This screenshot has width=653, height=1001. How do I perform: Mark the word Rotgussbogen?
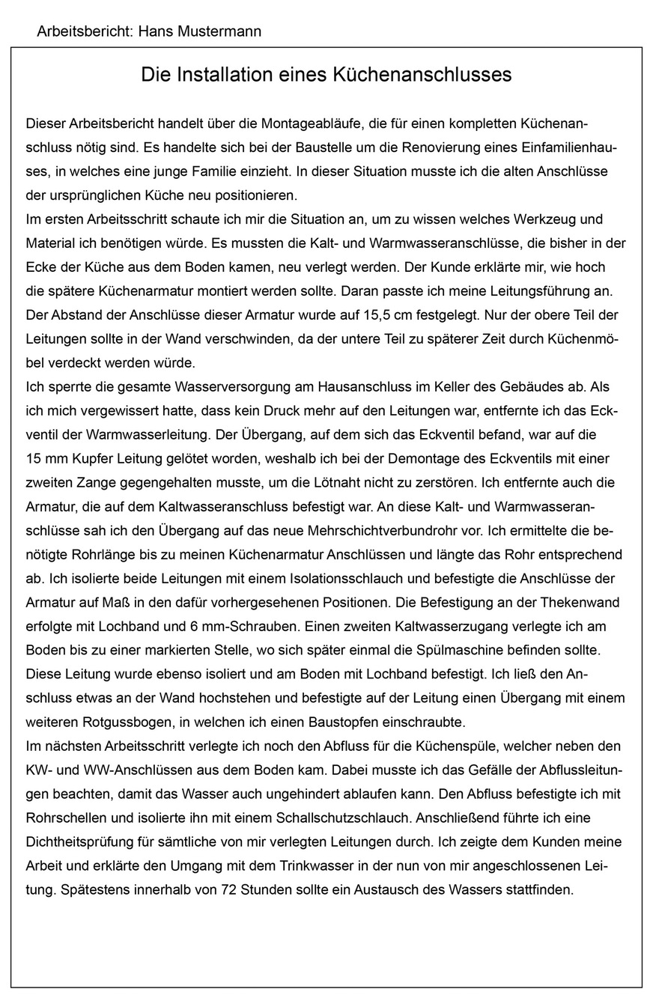click(x=124, y=722)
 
